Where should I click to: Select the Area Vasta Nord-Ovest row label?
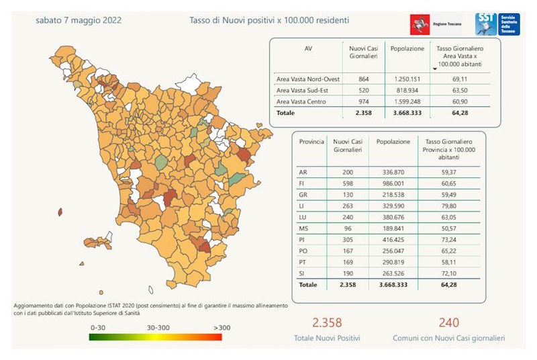(308, 79)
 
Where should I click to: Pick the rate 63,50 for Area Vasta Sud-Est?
(460, 91)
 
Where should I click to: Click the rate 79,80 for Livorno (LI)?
(446, 206)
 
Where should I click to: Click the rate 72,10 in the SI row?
(446, 274)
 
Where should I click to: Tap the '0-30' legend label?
(98, 327)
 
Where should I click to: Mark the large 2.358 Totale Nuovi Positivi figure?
(326, 323)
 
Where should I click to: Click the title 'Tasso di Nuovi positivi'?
(268, 20)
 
